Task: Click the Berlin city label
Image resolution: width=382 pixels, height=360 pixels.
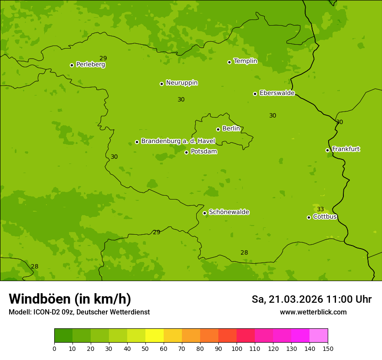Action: pos(231,128)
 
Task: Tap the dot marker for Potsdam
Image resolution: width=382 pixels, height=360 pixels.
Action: pos(187,152)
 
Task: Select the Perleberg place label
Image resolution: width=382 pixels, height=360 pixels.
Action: pos(90,65)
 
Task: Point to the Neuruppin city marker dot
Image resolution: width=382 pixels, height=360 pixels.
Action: pos(161,84)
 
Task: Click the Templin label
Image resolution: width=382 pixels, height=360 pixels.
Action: pos(245,61)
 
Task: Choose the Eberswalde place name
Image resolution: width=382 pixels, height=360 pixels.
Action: pos(277,93)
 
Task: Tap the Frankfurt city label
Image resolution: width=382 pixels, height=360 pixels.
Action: pos(346,149)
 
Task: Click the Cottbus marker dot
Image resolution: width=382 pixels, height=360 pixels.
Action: pos(309,217)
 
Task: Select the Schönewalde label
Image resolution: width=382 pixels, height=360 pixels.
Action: pos(229,212)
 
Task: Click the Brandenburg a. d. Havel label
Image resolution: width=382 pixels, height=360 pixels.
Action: pos(178,141)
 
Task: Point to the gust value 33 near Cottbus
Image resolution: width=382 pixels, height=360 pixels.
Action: pos(320,209)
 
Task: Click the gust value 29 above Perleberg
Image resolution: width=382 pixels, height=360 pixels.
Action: pos(103,59)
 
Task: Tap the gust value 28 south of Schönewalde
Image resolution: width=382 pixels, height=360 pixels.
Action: pos(244,252)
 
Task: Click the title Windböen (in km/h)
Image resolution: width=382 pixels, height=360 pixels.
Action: pos(70,299)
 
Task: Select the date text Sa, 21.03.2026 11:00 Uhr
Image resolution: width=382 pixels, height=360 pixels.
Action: pos(311,299)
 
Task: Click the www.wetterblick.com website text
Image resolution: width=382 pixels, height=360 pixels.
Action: pos(313,312)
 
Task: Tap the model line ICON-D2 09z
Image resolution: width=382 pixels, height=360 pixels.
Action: pos(79,312)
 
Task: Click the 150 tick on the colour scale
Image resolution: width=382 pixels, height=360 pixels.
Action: pos(328,348)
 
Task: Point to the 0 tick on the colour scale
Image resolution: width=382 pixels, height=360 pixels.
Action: pos(54,348)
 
